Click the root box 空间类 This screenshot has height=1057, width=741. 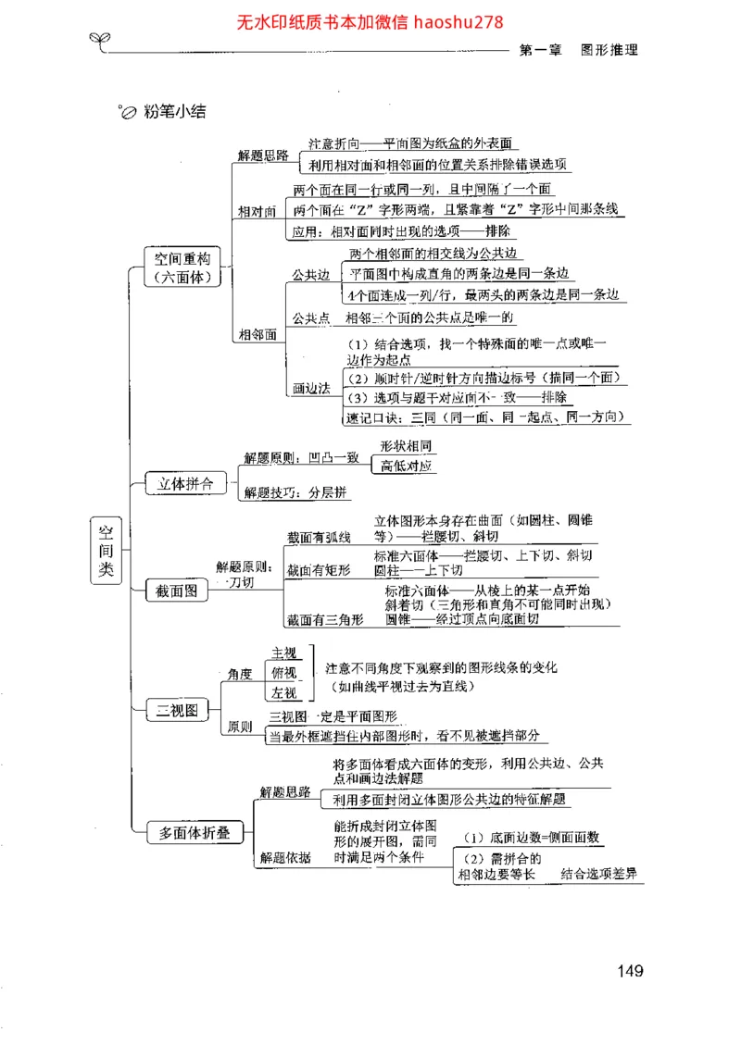(107, 550)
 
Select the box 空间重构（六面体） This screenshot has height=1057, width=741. (182, 267)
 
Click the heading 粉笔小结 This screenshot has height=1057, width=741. (174, 113)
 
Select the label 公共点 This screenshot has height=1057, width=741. (310, 318)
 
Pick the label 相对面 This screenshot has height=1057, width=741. (257, 212)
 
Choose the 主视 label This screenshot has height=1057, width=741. (283, 653)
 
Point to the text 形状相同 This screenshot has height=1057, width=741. (406, 446)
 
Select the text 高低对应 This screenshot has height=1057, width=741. (406, 466)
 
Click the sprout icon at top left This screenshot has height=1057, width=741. (98, 38)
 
